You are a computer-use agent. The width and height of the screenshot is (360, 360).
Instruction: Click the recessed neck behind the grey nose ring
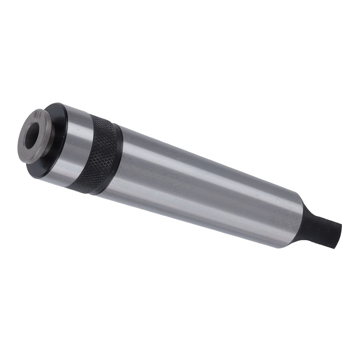[51, 144]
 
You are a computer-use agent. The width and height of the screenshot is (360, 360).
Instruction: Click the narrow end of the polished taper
[288, 220]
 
